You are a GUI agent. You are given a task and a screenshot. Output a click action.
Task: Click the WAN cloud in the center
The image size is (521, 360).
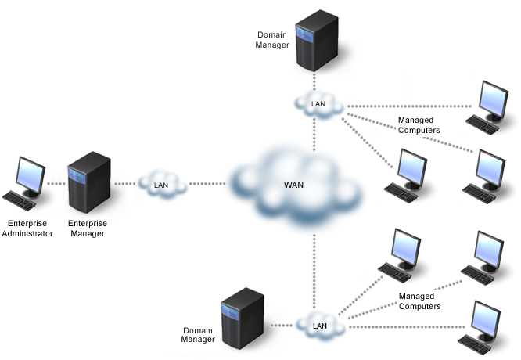coord(297,188)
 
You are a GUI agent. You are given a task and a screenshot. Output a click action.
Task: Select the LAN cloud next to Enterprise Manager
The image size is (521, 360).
coord(161,185)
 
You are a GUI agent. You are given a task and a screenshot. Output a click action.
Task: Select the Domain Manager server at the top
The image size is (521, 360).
coord(315,40)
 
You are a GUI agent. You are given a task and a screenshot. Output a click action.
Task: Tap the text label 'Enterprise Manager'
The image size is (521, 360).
coord(88,228)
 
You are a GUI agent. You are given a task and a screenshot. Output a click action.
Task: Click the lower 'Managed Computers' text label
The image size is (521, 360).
coord(419,301)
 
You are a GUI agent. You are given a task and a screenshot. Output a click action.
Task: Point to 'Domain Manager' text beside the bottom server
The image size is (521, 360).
coord(199,335)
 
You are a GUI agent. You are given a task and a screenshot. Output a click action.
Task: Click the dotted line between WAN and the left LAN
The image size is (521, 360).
coord(207,185)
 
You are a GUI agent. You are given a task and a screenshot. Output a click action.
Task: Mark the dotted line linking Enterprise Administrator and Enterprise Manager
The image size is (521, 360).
coord(55,185)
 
